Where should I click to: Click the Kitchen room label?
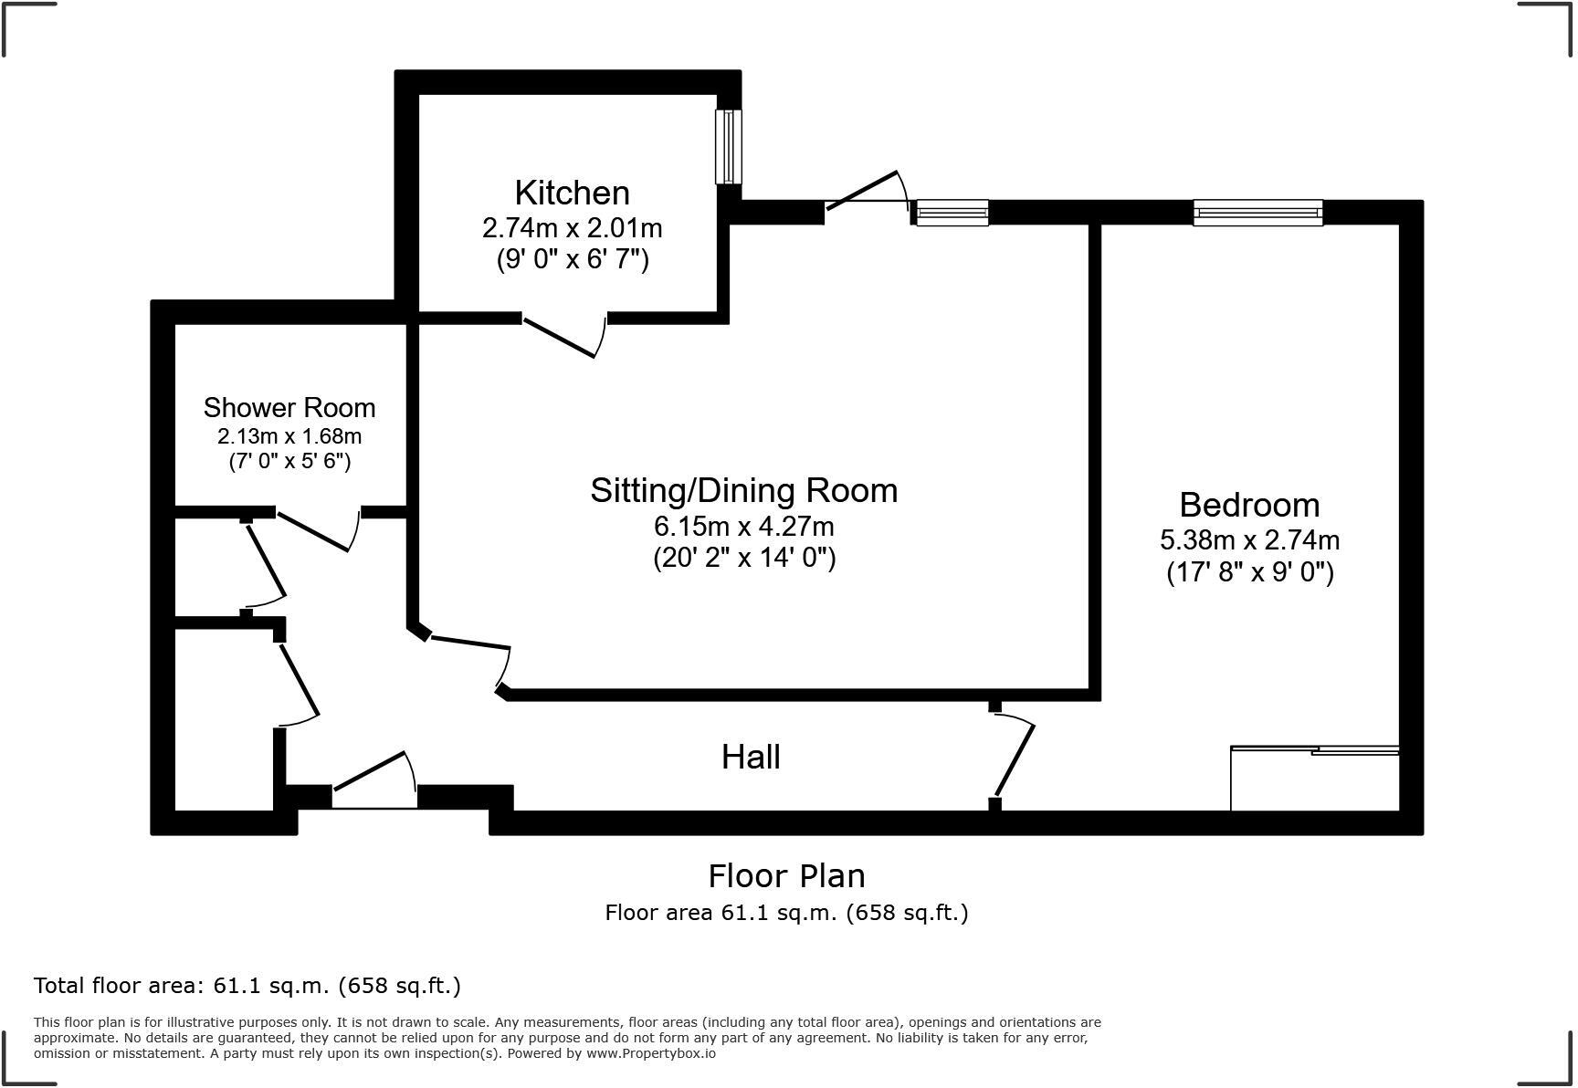point(572,193)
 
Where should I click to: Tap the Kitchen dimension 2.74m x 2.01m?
point(572,227)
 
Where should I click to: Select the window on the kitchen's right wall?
point(728,147)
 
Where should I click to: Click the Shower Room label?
point(289,407)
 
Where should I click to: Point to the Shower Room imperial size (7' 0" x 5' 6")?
point(289,460)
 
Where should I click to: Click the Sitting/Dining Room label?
point(743,490)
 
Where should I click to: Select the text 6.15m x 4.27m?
point(743,527)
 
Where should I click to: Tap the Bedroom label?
point(1248,505)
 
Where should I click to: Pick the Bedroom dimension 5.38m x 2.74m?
point(1249,539)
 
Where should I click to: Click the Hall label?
point(751,757)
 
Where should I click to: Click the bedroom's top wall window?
point(1257,213)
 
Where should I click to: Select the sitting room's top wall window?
point(952,213)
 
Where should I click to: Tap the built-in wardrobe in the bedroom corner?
point(1314,779)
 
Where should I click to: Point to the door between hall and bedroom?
point(1014,759)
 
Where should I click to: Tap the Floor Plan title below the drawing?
point(786,875)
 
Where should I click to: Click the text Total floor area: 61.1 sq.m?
point(247,985)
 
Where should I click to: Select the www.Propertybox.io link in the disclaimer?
point(650,1053)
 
